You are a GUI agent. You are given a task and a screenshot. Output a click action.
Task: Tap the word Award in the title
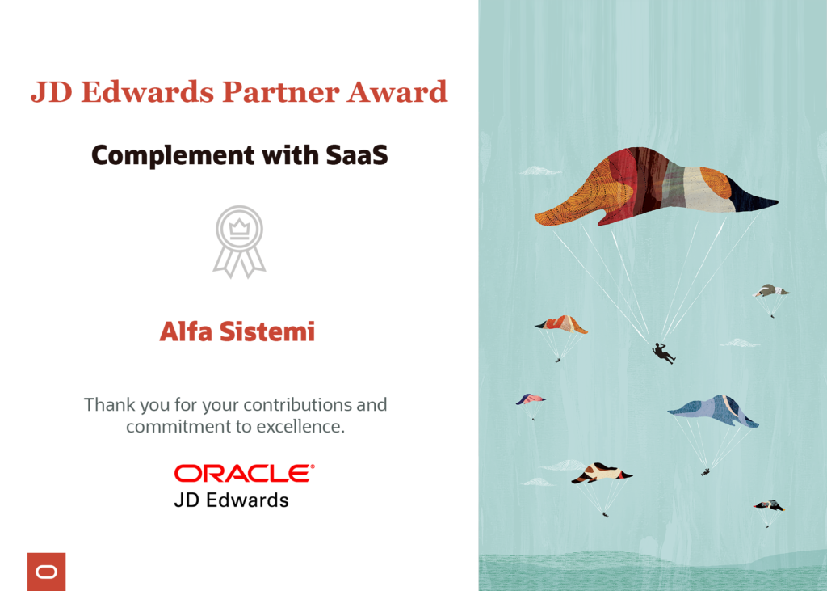point(397,92)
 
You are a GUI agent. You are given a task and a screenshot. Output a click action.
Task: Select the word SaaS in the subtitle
point(356,154)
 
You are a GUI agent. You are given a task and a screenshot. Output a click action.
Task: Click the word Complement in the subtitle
point(174,156)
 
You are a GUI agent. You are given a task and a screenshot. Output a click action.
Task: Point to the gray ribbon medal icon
point(239,243)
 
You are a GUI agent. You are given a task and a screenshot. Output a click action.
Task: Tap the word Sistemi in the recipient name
point(267,331)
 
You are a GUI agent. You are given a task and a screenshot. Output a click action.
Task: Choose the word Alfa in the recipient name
point(186,331)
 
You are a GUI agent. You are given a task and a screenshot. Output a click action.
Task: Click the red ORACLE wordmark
point(244,473)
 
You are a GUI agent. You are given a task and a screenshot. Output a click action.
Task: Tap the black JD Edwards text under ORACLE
point(231,500)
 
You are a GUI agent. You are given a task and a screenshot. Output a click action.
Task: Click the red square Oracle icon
point(46,572)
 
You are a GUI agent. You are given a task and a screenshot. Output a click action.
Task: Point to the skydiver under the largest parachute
point(664,352)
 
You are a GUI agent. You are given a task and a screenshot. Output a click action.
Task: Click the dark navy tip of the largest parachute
point(755,201)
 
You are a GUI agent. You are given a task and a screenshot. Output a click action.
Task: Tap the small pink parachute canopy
point(531,399)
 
